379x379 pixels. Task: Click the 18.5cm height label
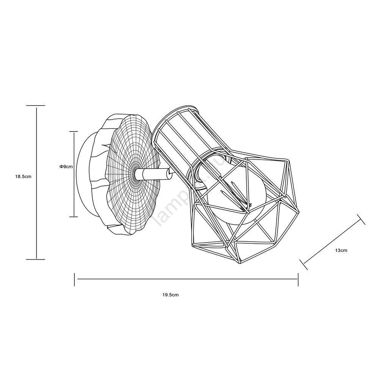point(23,177)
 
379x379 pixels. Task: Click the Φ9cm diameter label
point(66,166)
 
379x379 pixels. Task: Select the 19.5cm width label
point(171,295)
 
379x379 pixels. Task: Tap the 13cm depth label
point(341,251)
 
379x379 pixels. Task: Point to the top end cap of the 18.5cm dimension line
point(36,106)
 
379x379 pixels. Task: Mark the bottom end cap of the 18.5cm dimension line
point(36,259)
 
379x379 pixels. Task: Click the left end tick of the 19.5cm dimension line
point(74,279)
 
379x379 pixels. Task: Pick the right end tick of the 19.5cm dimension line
point(298,279)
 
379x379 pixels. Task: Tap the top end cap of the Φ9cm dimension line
point(74,132)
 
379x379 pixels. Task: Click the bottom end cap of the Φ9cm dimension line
point(74,217)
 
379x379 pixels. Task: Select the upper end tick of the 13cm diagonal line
point(361,219)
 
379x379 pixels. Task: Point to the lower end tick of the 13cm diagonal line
point(304,265)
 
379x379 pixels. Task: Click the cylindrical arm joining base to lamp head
point(152,174)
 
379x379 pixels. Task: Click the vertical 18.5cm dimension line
point(36,183)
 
